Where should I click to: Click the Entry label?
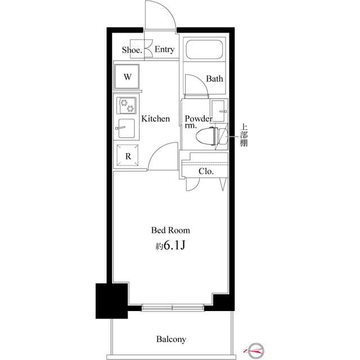(164, 50)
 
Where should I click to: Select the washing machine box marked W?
(128, 77)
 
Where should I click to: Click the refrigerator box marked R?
(128, 156)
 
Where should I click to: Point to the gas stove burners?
(127, 105)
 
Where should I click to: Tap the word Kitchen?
(155, 119)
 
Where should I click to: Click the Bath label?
(214, 79)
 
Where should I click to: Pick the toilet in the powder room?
(208, 136)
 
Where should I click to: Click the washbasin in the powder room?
(218, 108)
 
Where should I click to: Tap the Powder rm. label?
(198, 122)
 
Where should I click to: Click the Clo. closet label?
(206, 171)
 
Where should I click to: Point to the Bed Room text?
(170, 230)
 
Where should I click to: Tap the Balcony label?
(171, 339)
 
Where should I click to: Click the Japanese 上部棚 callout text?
(244, 136)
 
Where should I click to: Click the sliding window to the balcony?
(172, 307)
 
